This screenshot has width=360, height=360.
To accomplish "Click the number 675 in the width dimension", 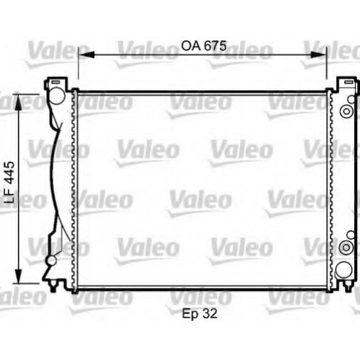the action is (x=216, y=45).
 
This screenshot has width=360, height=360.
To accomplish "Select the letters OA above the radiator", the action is (x=191, y=45).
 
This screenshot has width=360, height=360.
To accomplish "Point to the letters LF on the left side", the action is (x=10, y=197).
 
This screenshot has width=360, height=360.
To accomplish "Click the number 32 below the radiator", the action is (x=210, y=313).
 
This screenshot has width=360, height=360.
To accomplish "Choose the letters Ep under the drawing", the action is (x=191, y=314).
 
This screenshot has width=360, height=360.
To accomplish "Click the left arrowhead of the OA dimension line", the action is (x=86, y=55).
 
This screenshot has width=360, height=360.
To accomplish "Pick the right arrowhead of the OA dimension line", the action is (x=318, y=55).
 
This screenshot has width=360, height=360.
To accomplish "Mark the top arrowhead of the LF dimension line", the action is (x=19, y=102).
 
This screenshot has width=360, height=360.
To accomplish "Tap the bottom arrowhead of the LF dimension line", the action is (x=19, y=275).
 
